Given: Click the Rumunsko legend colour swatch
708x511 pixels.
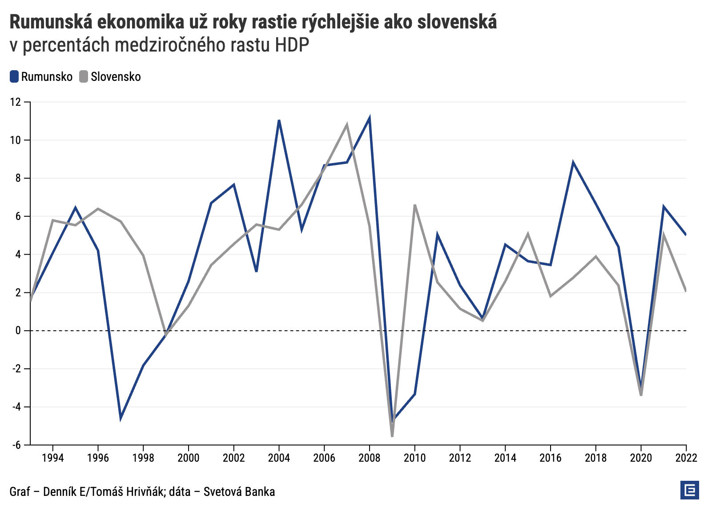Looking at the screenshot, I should click(x=14, y=76).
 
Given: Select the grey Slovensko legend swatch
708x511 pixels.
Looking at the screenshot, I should click(x=84, y=76).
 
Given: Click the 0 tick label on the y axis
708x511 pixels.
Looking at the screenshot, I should click(x=18, y=331).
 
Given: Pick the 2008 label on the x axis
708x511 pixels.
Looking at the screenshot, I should click(x=369, y=458).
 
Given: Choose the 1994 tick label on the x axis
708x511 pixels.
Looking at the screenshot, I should click(x=53, y=458).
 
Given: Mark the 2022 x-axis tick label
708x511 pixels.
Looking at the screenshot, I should click(x=685, y=458).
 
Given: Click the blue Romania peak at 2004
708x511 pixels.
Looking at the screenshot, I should click(x=279, y=120).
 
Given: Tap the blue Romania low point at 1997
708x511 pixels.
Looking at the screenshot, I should click(x=121, y=418).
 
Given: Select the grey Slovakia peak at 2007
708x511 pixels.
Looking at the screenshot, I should click(x=347, y=124).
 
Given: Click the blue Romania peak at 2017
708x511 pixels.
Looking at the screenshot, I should click(x=573, y=163).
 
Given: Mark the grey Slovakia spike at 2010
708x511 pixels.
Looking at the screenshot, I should click(x=414, y=205).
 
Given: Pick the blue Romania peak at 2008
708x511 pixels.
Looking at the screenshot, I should click(x=370, y=118).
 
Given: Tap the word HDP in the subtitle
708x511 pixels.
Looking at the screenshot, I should click(x=292, y=45).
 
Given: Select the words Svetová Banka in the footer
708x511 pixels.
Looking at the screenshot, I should click(x=239, y=491).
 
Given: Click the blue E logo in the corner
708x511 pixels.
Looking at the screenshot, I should click(x=689, y=490).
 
